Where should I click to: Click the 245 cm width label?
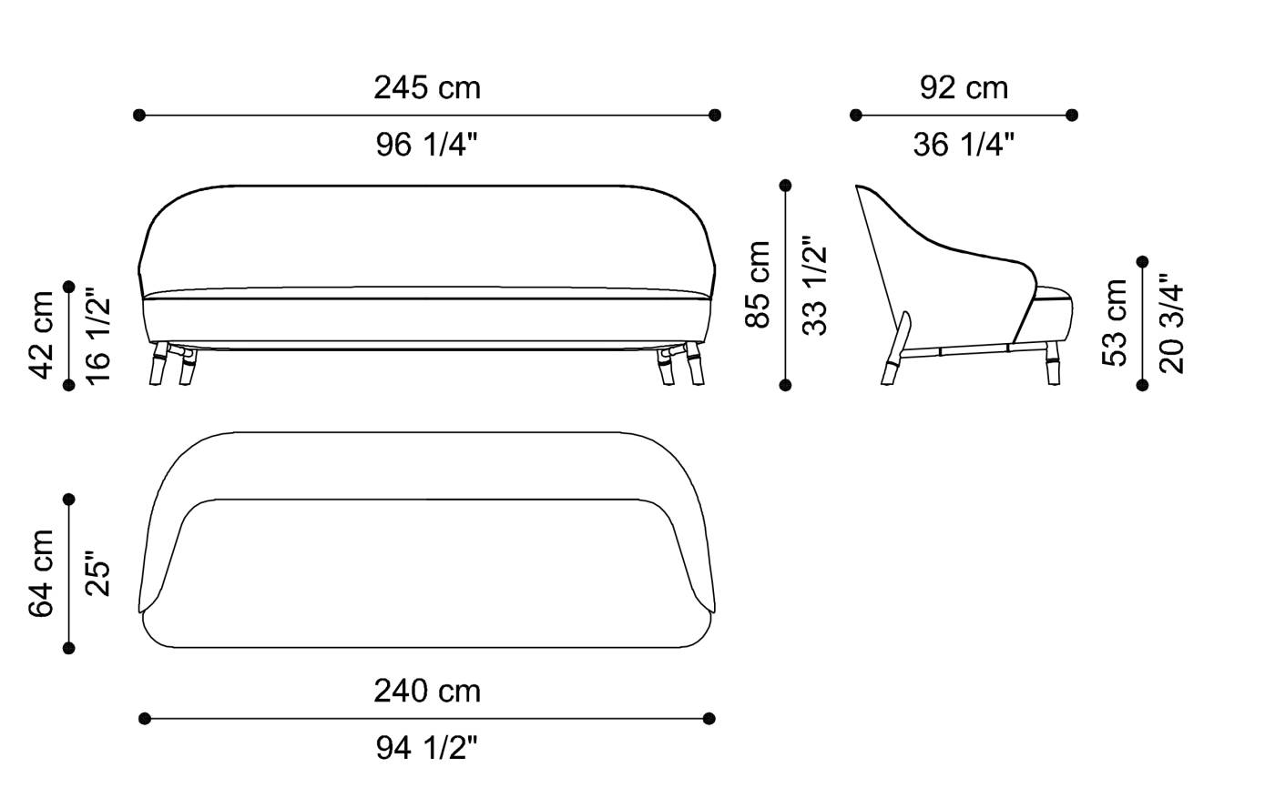coord(426,88)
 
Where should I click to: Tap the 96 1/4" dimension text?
coord(426,144)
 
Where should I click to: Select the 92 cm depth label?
coord(964,88)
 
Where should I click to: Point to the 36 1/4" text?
coord(964,144)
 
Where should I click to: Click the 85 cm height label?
coord(759,285)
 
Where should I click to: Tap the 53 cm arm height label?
coord(1115,323)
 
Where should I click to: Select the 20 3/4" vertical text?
coord(1172,323)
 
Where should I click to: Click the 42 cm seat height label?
coord(42,335)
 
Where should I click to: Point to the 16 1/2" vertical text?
coord(97,335)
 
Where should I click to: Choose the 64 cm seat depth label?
coord(42,573)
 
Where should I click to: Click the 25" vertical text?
coord(97,573)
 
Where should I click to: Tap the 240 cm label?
coord(426,692)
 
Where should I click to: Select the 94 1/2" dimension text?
coord(426,748)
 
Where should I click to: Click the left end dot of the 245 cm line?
coord(139,116)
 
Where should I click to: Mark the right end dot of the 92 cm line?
coord(1072,116)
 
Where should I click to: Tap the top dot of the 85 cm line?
coord(786,186)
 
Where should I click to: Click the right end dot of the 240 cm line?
coord(709,719)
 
